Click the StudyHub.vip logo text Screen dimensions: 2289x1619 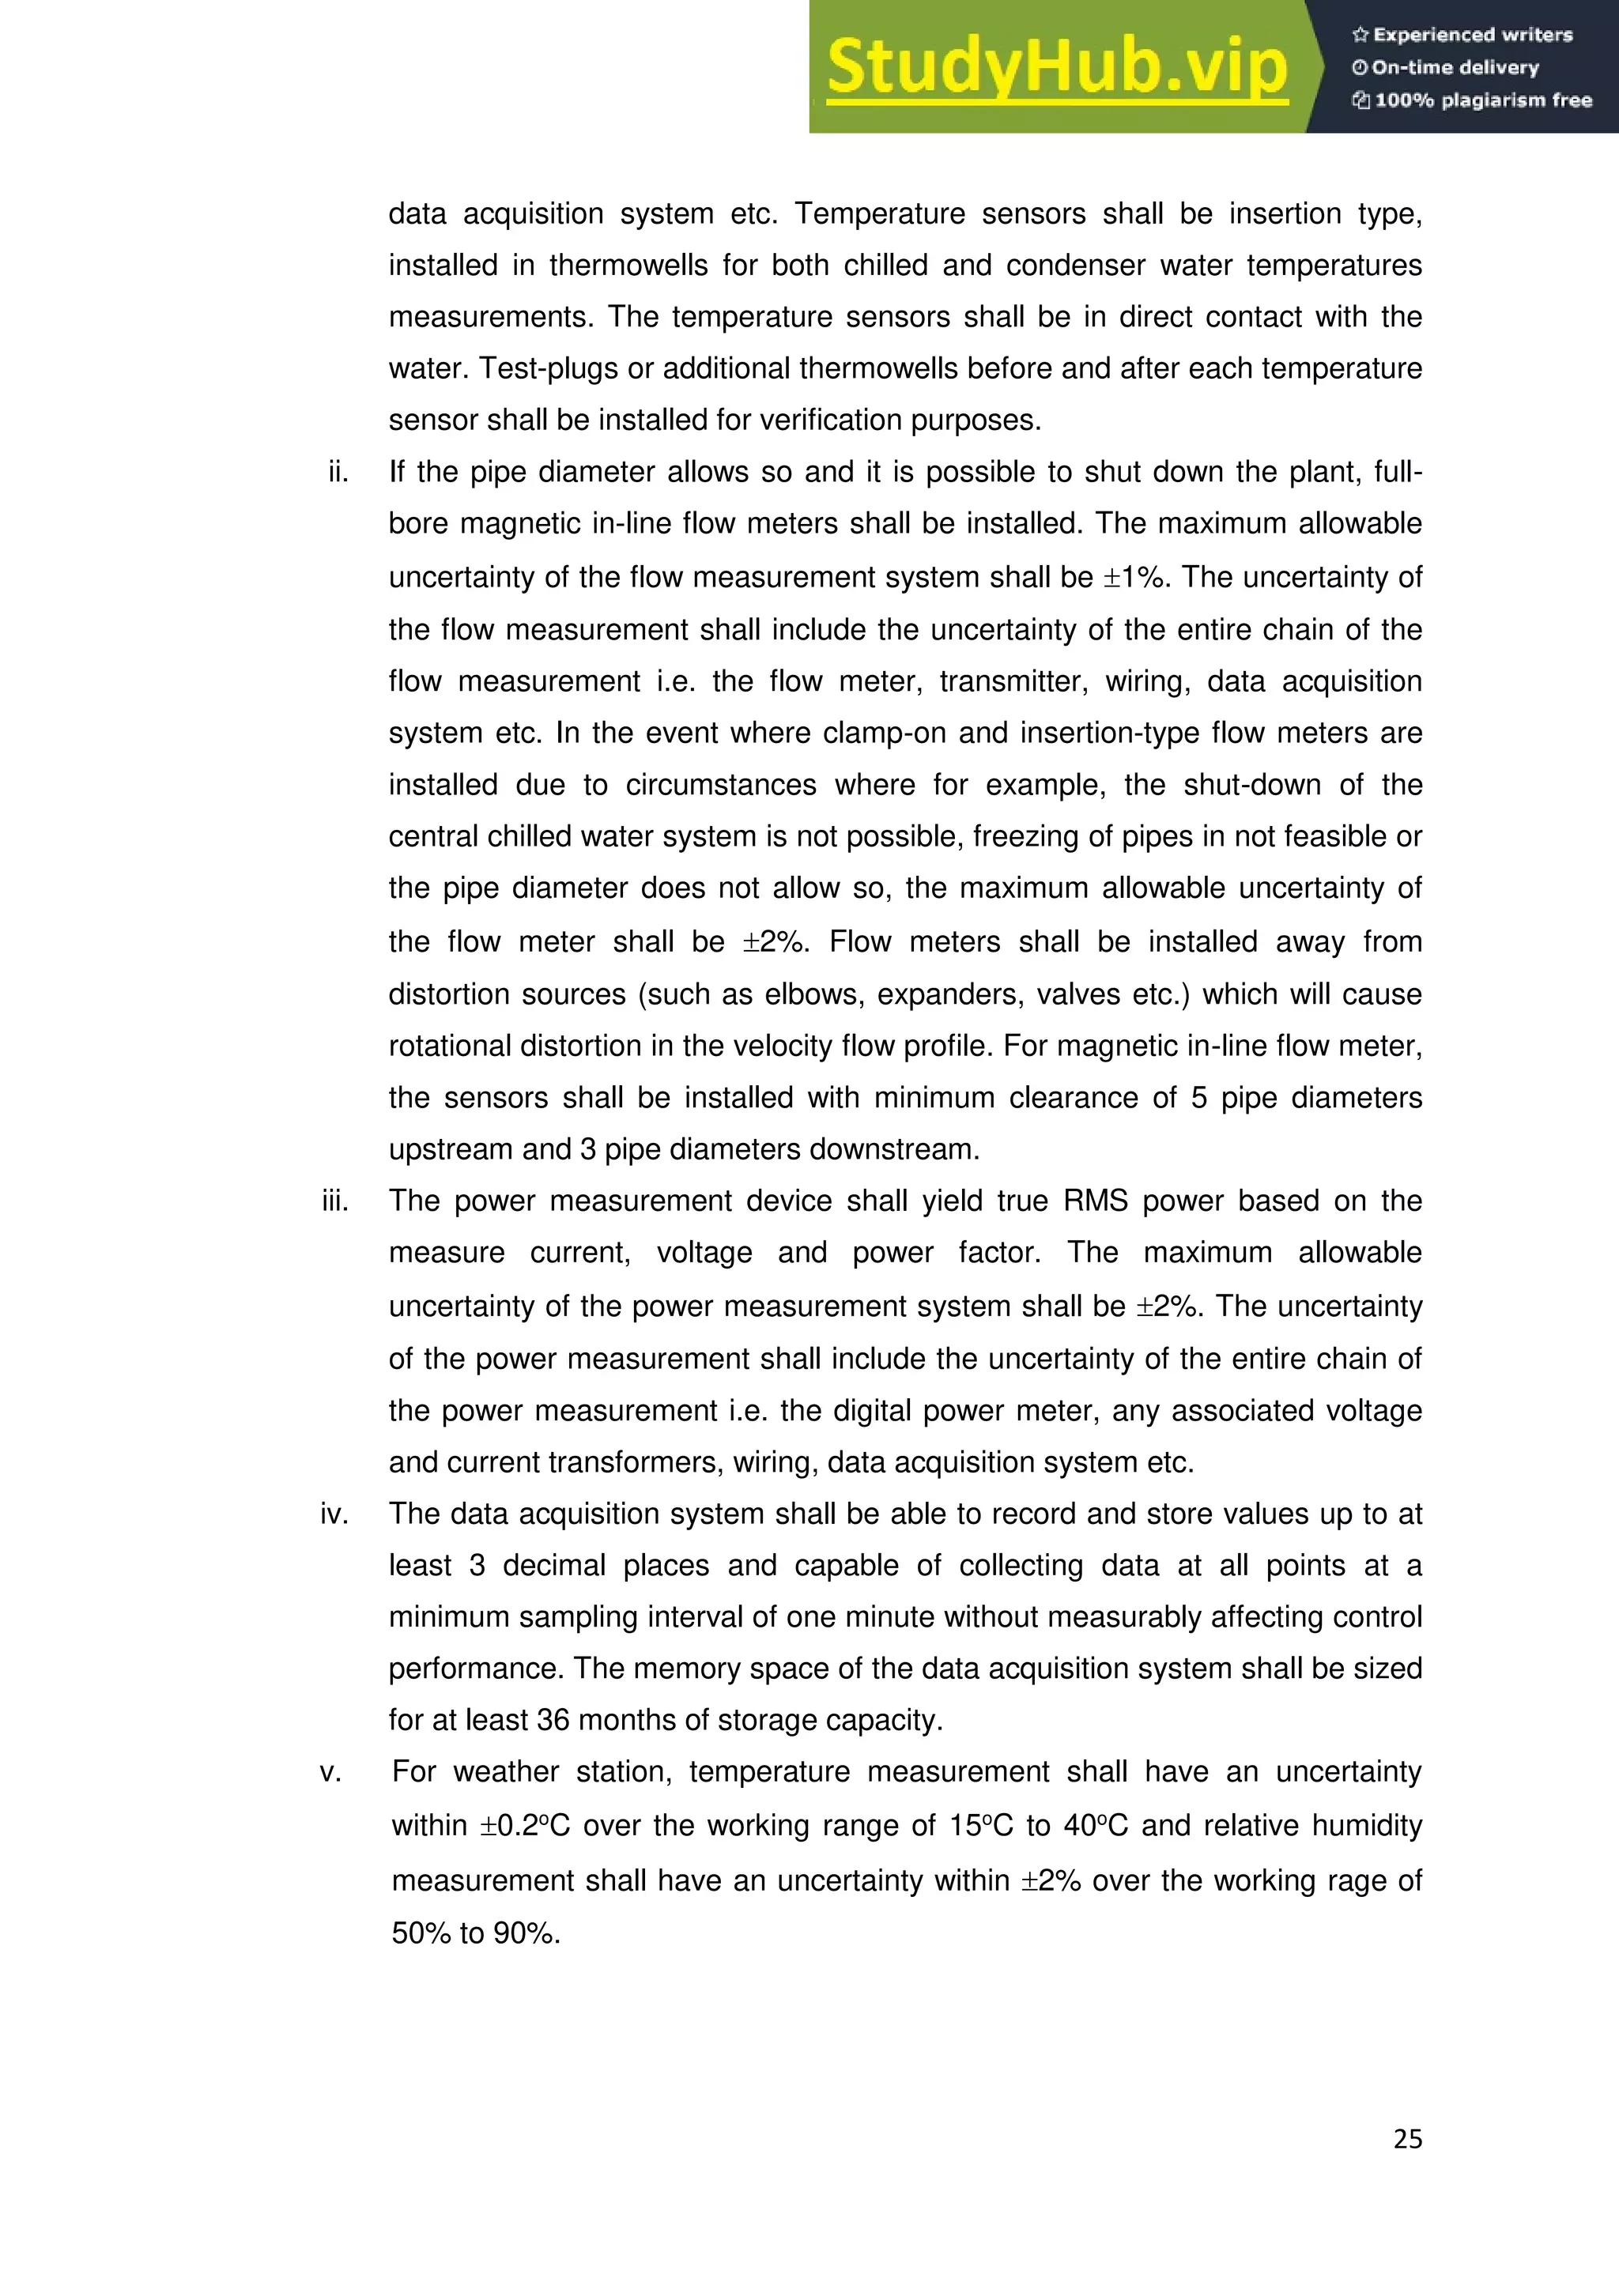click(1057, 68)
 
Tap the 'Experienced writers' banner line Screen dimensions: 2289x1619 click(1462, 35)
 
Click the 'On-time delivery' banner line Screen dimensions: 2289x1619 click(1446, 68)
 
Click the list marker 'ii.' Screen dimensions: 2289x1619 click(339, 472)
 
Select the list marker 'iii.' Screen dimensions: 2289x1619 click(335, 1201)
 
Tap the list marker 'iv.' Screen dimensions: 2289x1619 click(334, 1514)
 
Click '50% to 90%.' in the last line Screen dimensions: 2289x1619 click(476, 1933)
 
